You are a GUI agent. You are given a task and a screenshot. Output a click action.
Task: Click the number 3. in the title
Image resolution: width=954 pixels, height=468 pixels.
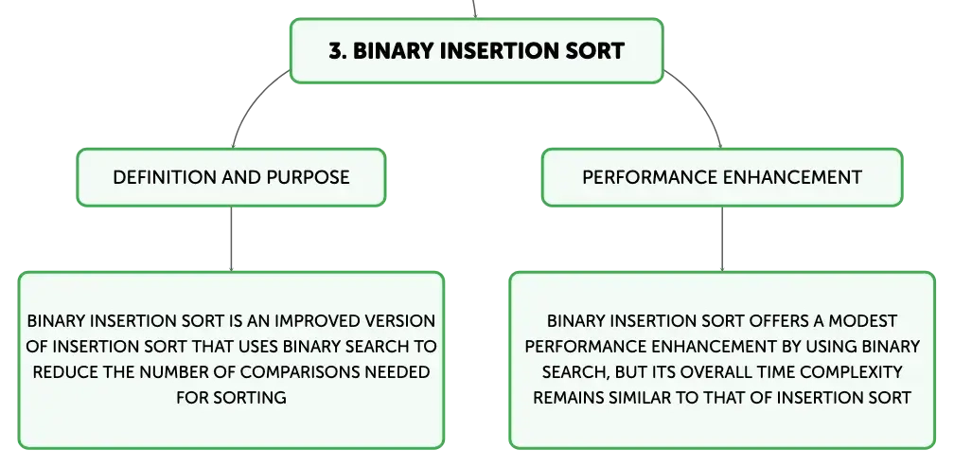point(338,50)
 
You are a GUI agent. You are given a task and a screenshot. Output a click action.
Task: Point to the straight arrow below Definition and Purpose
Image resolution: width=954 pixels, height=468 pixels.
point(231,239)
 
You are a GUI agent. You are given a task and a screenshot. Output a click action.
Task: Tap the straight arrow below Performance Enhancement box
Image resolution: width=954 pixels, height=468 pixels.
point(722,239)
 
